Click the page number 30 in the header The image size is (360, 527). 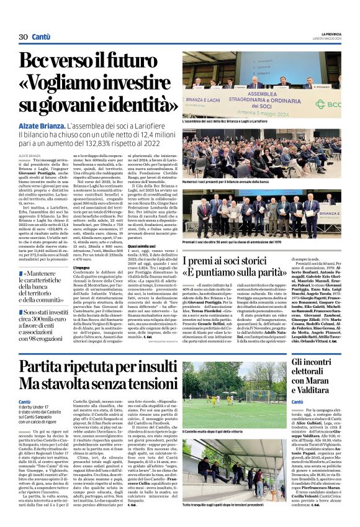24,37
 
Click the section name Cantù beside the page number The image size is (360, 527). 42,37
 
